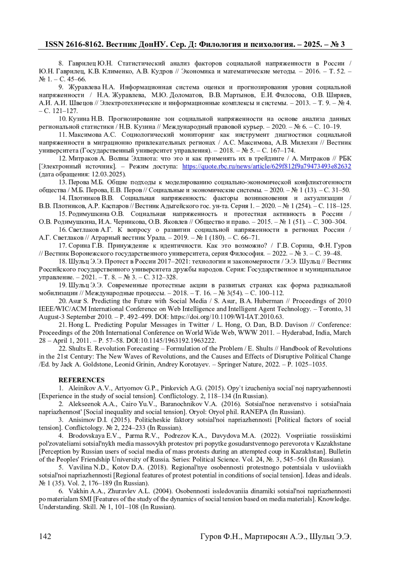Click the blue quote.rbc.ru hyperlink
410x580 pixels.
[266, 166]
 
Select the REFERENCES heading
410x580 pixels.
[81, 380]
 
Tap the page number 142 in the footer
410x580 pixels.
[45, 536]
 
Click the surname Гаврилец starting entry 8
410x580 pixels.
[82, 63]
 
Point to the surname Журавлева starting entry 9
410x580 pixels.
[85, 87]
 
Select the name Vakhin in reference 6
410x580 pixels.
[78, 491]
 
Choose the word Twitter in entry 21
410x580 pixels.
[198, 325]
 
